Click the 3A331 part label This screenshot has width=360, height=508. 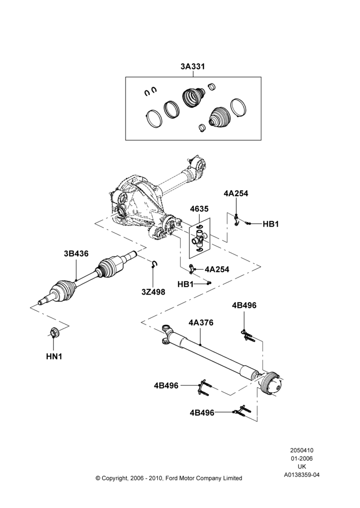[193, 67]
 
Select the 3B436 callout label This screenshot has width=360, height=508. [76, 253]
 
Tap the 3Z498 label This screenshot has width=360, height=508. [153, 292]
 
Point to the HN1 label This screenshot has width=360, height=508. [54, 357]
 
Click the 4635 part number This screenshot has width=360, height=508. [199, 209]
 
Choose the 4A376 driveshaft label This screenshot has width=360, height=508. [201, 323]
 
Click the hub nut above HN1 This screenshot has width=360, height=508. [53, 332]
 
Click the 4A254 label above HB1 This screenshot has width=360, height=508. [236, 194]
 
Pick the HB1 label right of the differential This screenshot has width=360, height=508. [271, 224]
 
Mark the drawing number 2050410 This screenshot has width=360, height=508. [302, 450]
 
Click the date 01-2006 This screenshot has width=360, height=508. [302, 458]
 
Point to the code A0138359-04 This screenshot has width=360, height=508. [302, 475]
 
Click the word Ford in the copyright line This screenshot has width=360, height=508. [173, 478]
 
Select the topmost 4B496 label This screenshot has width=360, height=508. [244, 305]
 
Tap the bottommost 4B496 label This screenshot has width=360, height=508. [202, 412]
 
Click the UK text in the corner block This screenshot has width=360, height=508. [302, 467]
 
